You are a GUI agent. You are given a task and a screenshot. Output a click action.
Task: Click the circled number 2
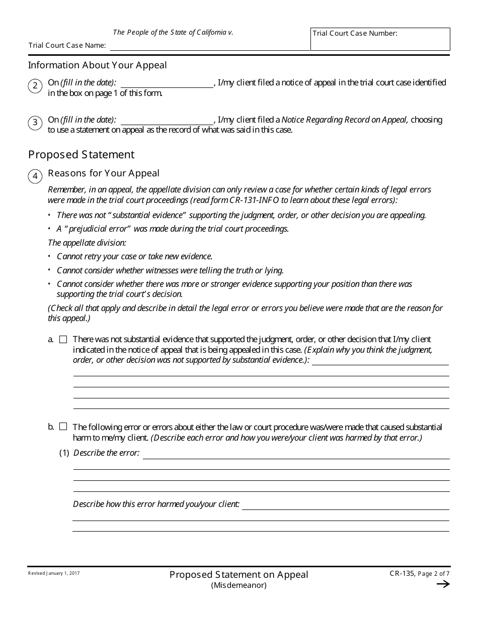[35, 86]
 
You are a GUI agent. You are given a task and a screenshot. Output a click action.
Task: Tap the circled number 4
[35, 176]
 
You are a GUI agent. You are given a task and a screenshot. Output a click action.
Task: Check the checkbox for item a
[63, 340]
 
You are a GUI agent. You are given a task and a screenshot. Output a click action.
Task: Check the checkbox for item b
[63, 427]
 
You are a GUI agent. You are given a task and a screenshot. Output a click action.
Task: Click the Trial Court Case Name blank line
[210, 46]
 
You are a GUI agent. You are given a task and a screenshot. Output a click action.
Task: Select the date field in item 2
[167, 83]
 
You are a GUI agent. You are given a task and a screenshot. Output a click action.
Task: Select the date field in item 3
[167, 120]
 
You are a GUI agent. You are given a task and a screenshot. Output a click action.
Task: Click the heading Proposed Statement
[82, 155]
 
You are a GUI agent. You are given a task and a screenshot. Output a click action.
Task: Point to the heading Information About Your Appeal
[98, 65]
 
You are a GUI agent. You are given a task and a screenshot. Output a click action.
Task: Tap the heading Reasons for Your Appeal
[104, 173]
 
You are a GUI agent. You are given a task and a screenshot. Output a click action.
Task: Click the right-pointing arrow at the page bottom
[443, 584]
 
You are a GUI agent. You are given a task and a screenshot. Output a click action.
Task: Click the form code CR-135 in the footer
[403, 573]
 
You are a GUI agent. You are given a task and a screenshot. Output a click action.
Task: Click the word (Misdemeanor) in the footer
[238, 585]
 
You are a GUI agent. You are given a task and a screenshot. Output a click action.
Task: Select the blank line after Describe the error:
[296, 454]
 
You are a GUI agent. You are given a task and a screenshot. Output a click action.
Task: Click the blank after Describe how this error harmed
[345, 505]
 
